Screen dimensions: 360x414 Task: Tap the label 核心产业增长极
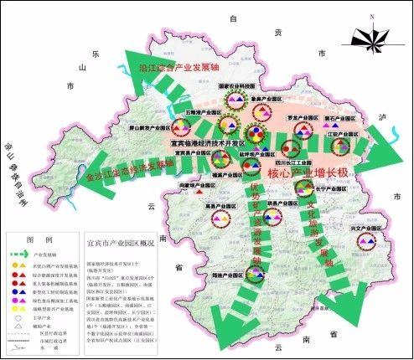click(x=308, y=172)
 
